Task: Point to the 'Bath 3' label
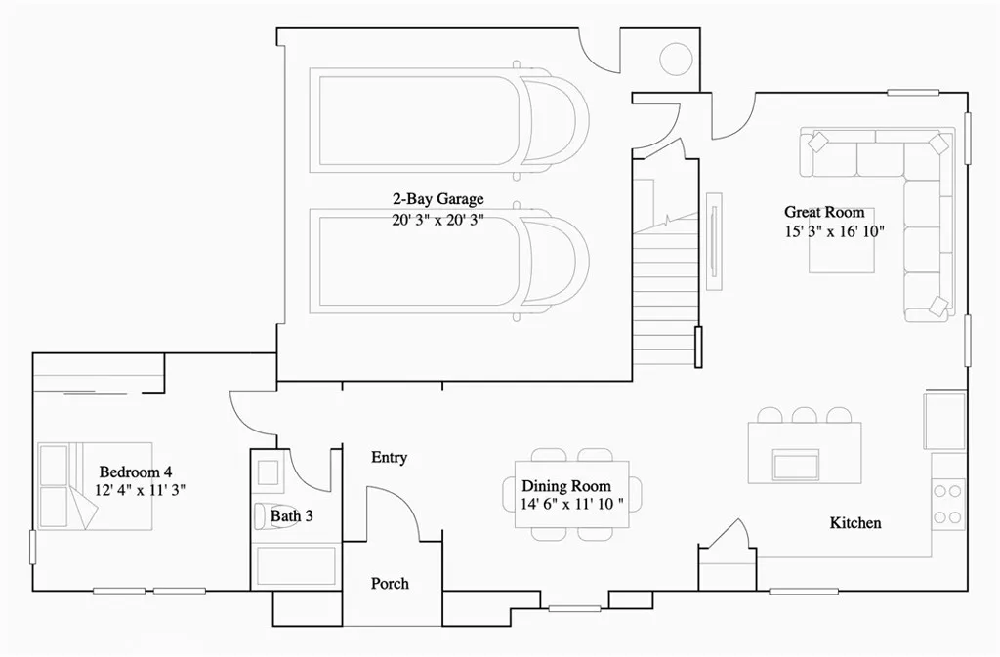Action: (x=291, y=514)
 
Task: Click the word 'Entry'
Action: (x=390, y=458)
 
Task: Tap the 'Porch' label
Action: (x=390, y=584)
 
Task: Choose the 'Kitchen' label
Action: (x=855, y=523)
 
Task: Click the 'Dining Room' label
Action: (x=566, y=486)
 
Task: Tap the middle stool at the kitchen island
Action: (x=805, y=415)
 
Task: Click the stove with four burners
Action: (x=946, y=502)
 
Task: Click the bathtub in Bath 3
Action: (x=295, y=564)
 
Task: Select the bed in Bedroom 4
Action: (x=94, y=486)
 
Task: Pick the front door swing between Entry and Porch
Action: (x=400, y=510)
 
